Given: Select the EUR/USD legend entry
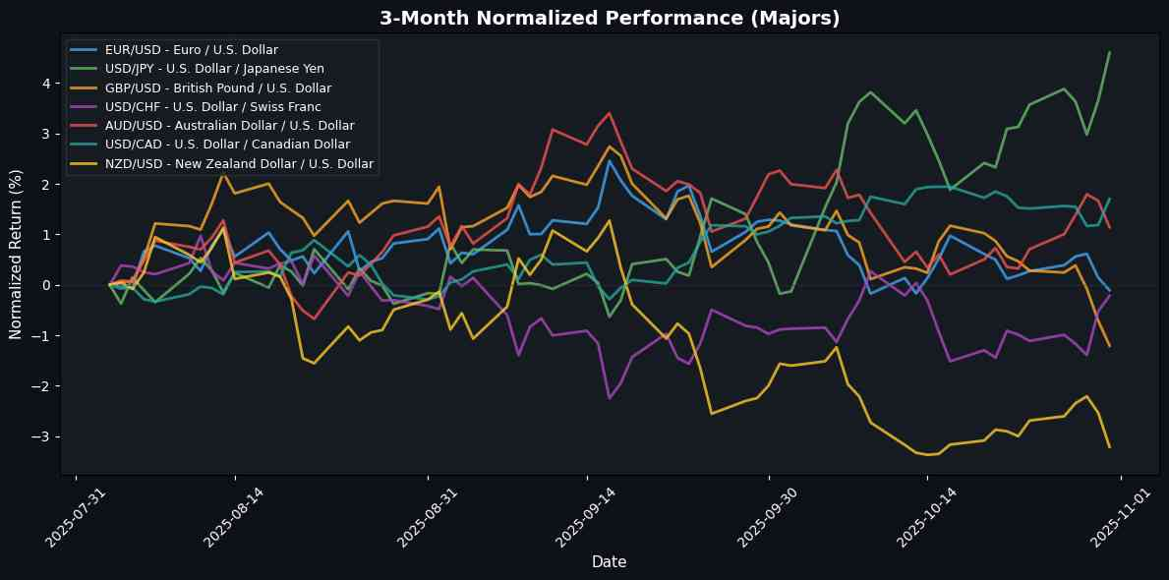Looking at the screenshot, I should coord(192,49).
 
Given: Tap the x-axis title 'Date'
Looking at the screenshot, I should coord(610,561).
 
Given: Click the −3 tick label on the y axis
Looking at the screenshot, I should coord(44,436).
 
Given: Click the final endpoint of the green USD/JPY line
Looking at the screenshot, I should coord(1109,52).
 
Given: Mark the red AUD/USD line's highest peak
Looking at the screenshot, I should coord(610,113).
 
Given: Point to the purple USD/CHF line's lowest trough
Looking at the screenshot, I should coord(610,398).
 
